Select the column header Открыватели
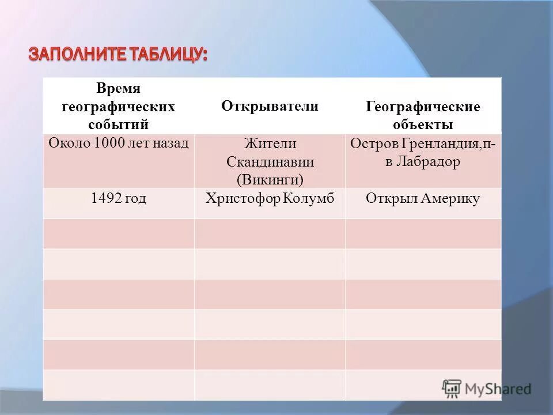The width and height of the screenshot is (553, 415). (x=270, y=106)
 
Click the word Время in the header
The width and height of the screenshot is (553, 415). (x=119, y=89)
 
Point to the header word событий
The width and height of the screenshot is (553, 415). (x=119, y=124)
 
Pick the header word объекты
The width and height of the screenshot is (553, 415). (x=423, y=124)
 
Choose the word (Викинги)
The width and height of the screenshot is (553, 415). (x=270, y=179)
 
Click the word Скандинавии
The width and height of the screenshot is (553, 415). (x=270, y=161)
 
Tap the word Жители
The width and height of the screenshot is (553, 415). (x=270, y=143)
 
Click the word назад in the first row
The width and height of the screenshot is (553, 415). (x=172, y=142)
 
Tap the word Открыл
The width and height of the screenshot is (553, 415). (x=391, y=199)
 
